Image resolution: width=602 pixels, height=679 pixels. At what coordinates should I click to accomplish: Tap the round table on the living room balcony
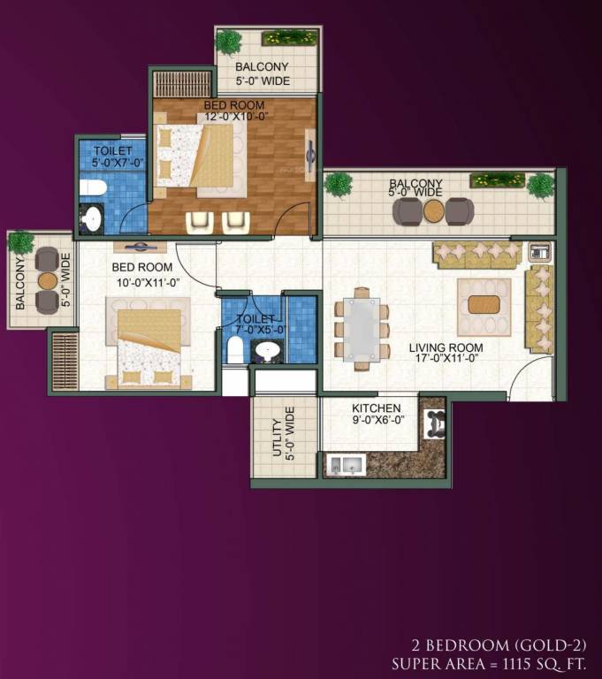pyautogui.click(x=433, y=211)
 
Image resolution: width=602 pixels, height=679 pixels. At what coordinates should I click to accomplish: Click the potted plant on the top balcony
pyautogui.click(x=229, y=41)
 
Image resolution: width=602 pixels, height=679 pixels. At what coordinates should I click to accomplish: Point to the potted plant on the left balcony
pyautogui.click(x=21, y=241)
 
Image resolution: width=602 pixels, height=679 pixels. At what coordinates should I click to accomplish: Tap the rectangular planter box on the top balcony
pyautogui.click(x=289, y=37)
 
